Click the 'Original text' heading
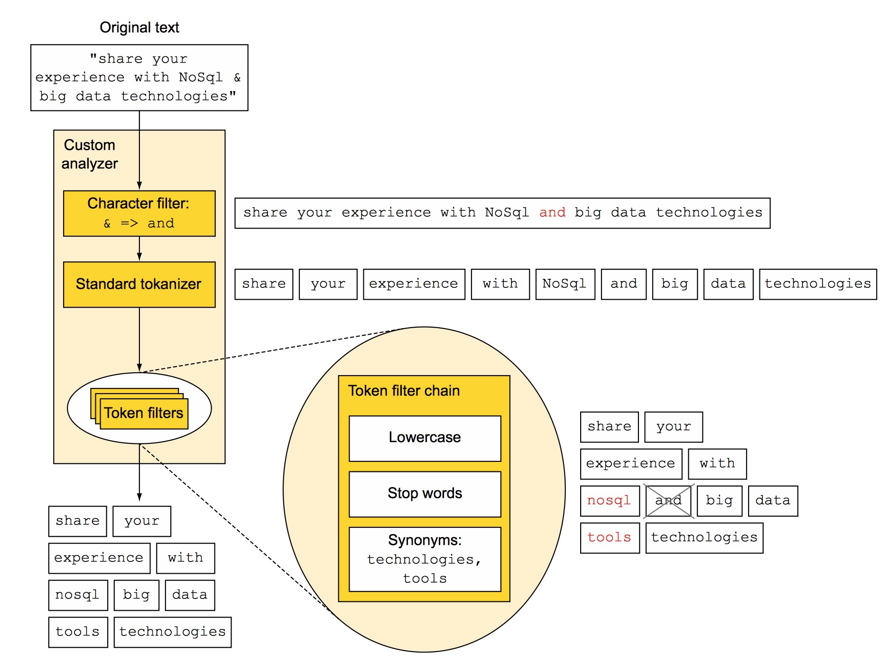pyautogui.click(x=139, y=28)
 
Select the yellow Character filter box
pyautogui.click(x=139, y=213)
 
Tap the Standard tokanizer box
pyautogui.click(x=139, y=285)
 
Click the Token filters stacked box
pyautogui.click(x=139, y=409)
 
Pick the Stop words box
pyautogui.click(x=425, y=494)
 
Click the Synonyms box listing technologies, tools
pyautogui.click(x=425, y=559)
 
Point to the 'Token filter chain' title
pyautogui.click(x=404, y=391)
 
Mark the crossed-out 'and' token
pyautogui.click(x=668, y=501)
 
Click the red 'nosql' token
pyautogui.click(x=610, y=501)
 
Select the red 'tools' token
pyautogui.click(x=610, y=538)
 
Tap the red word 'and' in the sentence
pyautogui.click(x=552, y=212)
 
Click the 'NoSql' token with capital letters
pyautogui.click(x=565, y=284)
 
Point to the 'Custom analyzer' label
pyautogui.click(x=90, y=154)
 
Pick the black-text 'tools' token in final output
pyautogui.click(x=78, y=632)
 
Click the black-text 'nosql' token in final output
pyautogui.click(x=78, y=595)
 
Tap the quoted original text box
pyautogui.click(x=139, y=78)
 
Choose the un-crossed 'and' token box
pyautogui.click(x=623, y=284)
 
